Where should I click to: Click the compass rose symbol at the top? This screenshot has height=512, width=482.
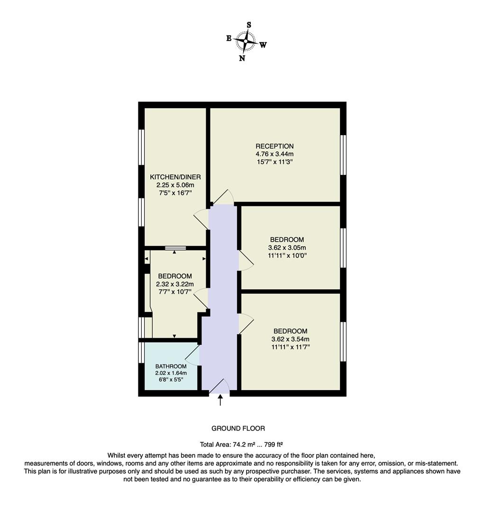[x=246, y=41]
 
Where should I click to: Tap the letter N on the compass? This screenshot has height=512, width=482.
[x=242, y=58]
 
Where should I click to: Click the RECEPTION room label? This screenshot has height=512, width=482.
[x=274, y=146]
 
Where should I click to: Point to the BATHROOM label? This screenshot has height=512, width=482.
[x=171, y=366]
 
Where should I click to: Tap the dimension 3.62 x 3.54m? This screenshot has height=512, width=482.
[x=290, y=339]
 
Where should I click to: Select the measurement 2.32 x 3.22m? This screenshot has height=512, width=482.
[x=175, y=284]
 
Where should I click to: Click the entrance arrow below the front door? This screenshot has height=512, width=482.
[x=220, y=400]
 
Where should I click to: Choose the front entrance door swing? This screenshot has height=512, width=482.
[x=220, y=386]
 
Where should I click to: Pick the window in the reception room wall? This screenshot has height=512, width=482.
[x=343, y=155]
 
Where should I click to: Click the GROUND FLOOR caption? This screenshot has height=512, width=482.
[x=238, y=428]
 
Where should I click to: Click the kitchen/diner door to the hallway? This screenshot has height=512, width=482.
[x=201, y=219]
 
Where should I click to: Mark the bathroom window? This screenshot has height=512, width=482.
[x=141, y=352]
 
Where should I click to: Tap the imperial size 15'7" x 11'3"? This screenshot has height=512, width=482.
[x=274, y=162]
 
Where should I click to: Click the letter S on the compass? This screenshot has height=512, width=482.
[x=249, y=25]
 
